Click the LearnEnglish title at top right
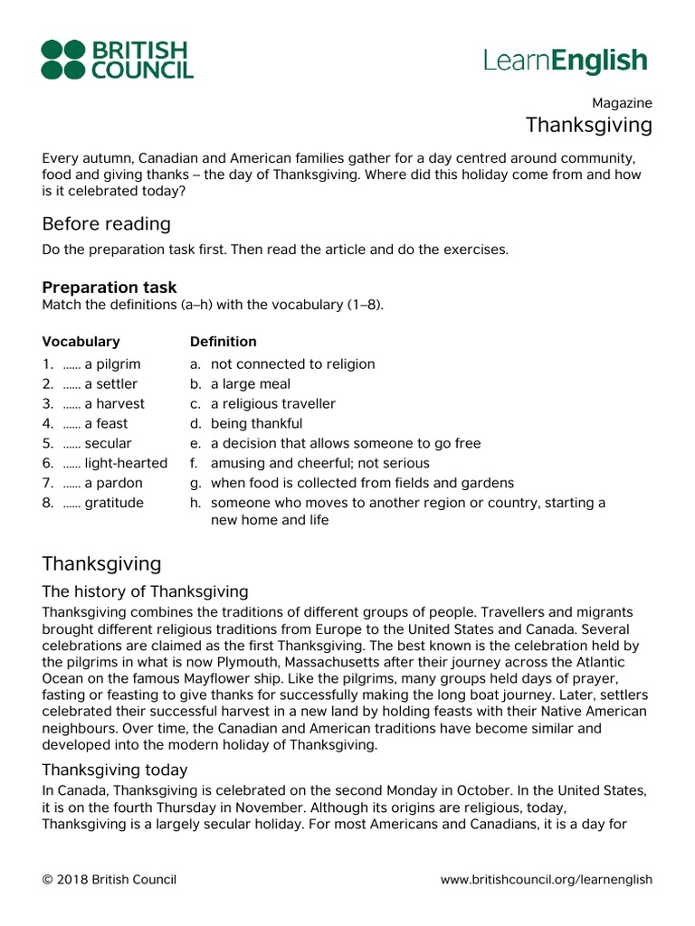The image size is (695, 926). coord(566,61)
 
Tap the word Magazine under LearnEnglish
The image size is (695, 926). coord(622,103)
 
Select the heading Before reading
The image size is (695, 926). coord(106,223)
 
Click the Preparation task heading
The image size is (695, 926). coord(109,288)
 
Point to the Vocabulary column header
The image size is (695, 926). coord(81,342)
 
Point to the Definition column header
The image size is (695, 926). coord(223,342)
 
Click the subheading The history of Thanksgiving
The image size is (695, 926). coord(145,591)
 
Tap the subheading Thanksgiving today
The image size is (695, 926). coord(115,770)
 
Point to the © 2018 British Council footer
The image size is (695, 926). coord(109,880)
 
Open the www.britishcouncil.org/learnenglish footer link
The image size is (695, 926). coord(546,880)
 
